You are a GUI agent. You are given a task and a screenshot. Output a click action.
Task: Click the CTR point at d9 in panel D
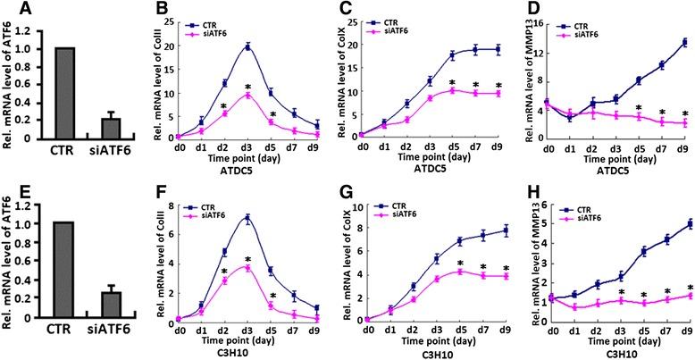coord(684,41)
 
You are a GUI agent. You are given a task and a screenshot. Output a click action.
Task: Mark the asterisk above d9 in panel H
coord(684,286)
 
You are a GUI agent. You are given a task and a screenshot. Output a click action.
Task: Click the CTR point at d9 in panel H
coord(684,224)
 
